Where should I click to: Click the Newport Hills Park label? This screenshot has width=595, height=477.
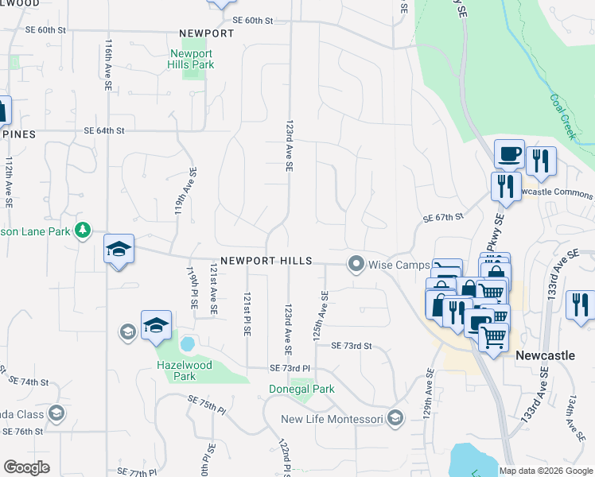click(191, 60)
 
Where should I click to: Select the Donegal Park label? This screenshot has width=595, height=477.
click(300, 390)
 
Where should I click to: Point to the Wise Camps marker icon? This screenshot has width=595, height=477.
click(356, 263)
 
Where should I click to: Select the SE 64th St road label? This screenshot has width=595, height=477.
click(104, 130)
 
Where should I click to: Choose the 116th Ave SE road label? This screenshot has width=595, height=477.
click(107, 63)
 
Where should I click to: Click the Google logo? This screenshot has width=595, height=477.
click(26, 467)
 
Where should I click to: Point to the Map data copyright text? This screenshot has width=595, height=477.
click(546, 471)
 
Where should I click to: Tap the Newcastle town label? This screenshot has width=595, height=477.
click(545, 355)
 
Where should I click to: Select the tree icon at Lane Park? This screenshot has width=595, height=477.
click(83, 231)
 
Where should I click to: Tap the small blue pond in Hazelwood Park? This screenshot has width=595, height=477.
click(188, 344)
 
